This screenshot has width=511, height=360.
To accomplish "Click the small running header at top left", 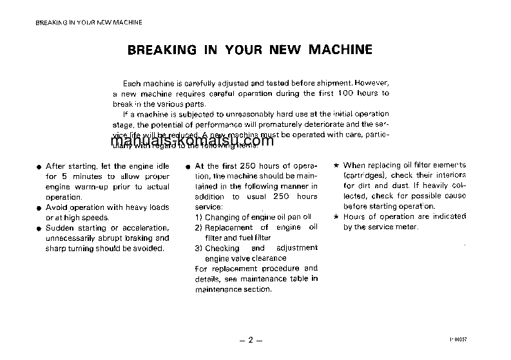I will click(89, 22).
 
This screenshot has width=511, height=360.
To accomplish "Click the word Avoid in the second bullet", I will click(57, 207).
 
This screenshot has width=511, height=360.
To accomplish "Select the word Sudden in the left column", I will click(60, 228).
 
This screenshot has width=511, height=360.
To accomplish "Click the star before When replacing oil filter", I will click(337, 166).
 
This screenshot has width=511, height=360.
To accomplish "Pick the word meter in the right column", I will click(408, 227).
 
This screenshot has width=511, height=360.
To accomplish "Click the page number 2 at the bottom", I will click(251, 339).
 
